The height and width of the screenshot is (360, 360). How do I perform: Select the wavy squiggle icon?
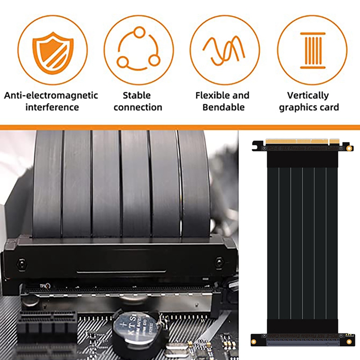(x=224, y=49)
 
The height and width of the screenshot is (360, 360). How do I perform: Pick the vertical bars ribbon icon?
(x=312, y=49)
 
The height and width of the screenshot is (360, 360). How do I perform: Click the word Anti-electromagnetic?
(x=51, y=95)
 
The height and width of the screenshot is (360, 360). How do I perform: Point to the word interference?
(x=52, y=107)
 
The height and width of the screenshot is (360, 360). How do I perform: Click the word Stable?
(x=137, y=95)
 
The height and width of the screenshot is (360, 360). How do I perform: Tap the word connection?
(x=138, y=107)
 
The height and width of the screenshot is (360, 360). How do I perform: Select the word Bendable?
(x=224, y=107)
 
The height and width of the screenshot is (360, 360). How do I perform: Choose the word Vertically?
(x=308, y=95)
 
